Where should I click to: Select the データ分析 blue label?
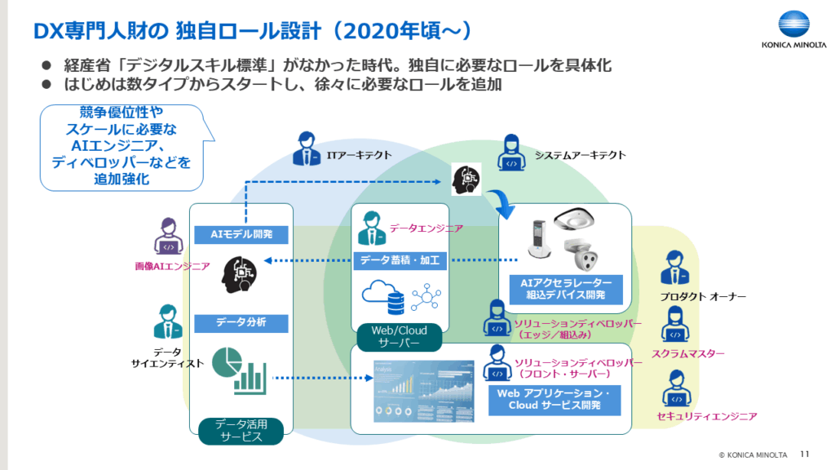click(241, 322)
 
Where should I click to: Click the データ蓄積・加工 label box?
click(400, 261)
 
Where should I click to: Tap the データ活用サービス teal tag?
click(241, 430)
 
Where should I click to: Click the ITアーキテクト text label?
click(359, 154)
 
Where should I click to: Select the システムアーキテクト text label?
click(580, 154)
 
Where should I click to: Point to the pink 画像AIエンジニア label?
click(173, 266)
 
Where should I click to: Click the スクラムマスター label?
click(688, 354)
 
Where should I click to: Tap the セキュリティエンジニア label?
click(706, 416)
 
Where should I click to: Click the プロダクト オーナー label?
click(702, 296)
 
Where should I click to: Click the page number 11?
click(805, 454)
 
